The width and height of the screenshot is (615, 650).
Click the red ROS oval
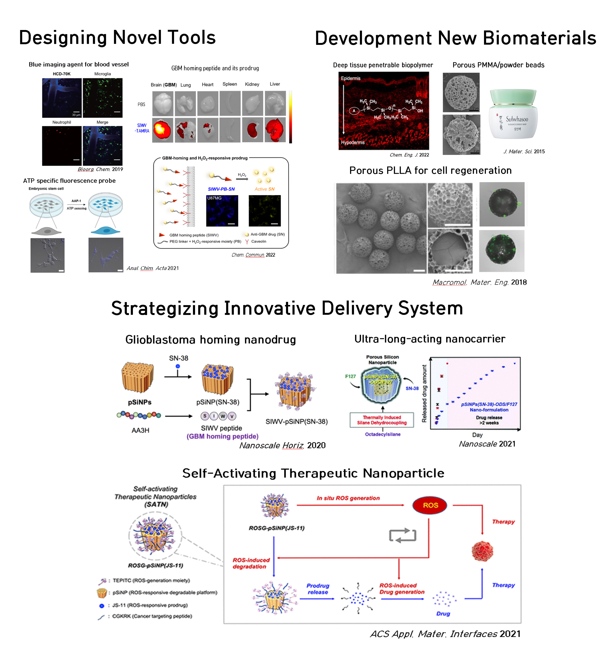pos(430,505)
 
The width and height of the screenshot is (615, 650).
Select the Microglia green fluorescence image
pos(103,98)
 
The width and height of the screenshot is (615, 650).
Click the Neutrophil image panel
pos(62,146)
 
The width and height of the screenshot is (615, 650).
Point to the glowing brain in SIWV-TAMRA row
pos(163,130)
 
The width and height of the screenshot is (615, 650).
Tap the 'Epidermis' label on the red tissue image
pos(350,78)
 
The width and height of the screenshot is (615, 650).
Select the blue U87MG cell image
pos(222,211)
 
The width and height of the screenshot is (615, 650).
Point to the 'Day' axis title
pos(477,435)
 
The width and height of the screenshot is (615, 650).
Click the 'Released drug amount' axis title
pos(424,393)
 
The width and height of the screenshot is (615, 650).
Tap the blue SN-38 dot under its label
pos(178,366)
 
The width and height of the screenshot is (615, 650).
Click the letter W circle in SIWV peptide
pos(223,416)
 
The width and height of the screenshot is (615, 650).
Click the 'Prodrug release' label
pos(318,589)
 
